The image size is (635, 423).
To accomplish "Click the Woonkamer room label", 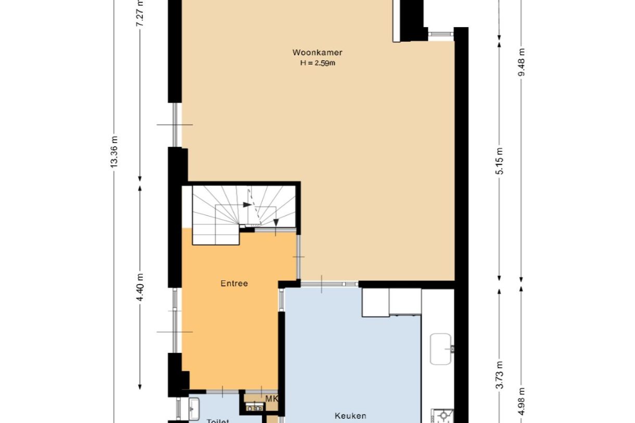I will (x=317, y=52).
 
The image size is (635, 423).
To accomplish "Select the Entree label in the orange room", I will (x=234, y=284).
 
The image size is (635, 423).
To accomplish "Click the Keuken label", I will (x=350, y=415).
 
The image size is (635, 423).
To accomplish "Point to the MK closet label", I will (x=272, y=399).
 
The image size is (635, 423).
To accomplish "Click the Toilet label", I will (x=218, y=420).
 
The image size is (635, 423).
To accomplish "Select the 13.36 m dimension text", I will (x=115, y=151).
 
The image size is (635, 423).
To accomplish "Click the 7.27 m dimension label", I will (x=139, y=16).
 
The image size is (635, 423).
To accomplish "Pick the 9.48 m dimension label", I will (x=522, y=62).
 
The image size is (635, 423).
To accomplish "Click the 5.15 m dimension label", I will (x=499, y=161).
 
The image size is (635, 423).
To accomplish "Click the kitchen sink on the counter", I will (x=442, y=349).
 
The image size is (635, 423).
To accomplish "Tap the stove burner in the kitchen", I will (x=443, y=416).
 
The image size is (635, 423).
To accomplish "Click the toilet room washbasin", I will (x=194, y=409).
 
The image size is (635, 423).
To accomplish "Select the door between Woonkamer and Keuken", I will (x=329, y=284).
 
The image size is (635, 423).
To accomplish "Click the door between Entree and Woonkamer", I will (x=298, y=257).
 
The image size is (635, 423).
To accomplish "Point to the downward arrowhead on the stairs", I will (x=276, y=224).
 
